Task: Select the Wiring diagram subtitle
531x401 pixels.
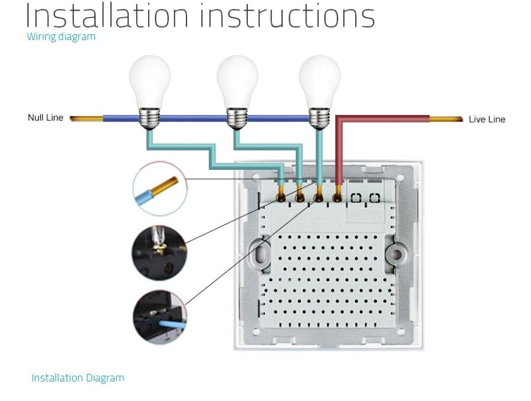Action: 61,37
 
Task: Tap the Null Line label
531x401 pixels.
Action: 45,117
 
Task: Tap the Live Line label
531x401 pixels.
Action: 487,119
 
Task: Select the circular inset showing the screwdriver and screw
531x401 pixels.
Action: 159,252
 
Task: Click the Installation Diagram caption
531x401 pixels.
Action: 77,377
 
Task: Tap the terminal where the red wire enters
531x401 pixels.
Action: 338,198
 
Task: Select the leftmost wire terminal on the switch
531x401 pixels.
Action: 281,198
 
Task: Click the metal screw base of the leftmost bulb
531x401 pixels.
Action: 150,119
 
